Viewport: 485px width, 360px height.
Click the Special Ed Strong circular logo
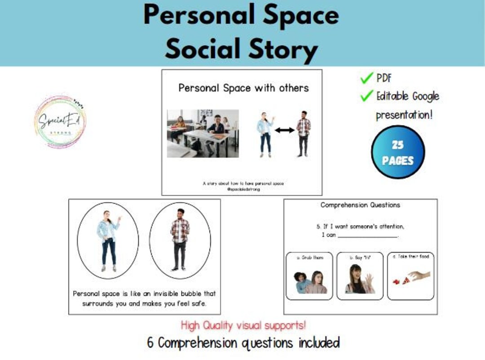[60, 121]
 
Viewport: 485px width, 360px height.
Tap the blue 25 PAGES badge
[397, 152]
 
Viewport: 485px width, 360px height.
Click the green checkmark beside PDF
[367, 79]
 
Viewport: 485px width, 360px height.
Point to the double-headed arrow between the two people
[284, 130]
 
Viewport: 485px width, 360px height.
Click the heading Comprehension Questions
[360, 205]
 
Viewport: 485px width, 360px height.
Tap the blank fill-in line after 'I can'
[367, 236]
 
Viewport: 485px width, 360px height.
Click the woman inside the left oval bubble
[108, 240]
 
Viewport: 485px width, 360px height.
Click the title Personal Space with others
[243, 88]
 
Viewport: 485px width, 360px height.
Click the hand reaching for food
[419, 275]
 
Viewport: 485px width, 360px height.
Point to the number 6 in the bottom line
[150, 343]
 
